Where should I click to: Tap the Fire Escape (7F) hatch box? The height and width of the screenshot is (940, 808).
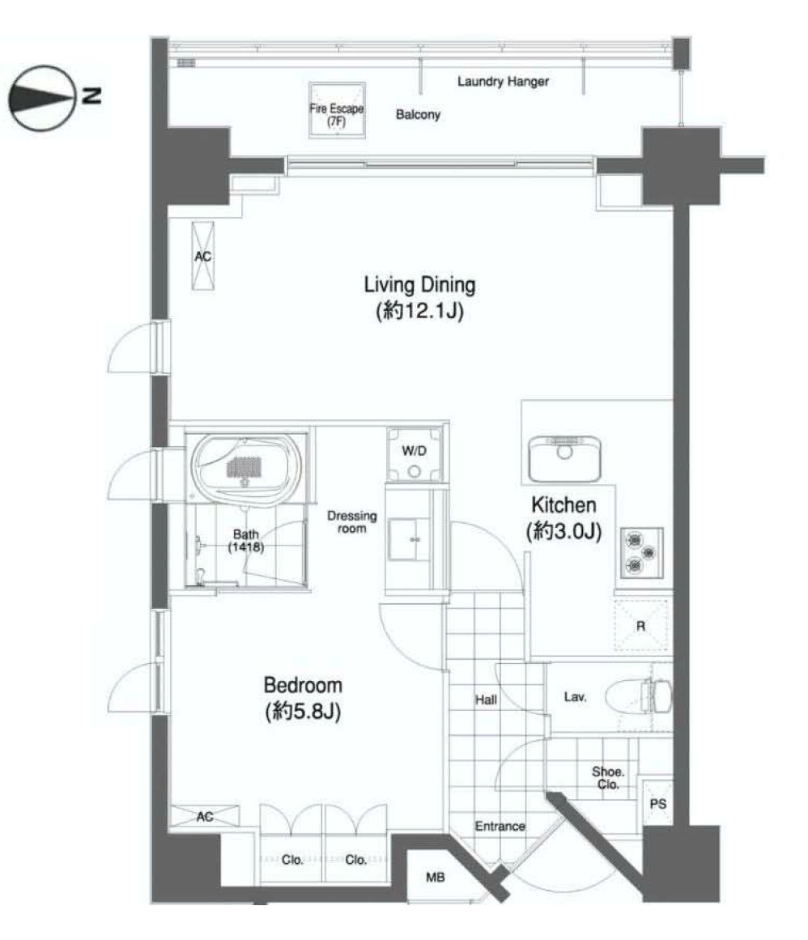(x=337, y=110)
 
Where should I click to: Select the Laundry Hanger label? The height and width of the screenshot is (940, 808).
(x=503, y=81)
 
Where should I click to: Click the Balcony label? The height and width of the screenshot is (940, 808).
(x=418, y=114)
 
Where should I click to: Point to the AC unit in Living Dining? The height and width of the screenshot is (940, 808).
(x=202, y=256)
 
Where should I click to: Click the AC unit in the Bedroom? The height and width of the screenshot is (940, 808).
(x=204, y=816)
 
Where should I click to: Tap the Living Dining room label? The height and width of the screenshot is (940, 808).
(x=419, y=297)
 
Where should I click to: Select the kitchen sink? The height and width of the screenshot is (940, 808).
(x=564, y=459)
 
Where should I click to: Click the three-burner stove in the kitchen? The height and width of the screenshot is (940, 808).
(x=641, y=553)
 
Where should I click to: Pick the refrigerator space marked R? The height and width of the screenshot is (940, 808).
(x=640, y=625)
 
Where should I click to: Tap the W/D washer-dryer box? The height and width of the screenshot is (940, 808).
(x=414, y=455)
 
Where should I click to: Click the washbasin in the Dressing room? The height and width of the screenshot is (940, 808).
(x=409, y=539)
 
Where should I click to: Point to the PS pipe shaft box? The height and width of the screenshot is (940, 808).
(x=657, y=804)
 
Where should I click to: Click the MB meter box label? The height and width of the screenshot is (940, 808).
(x=435, y=877)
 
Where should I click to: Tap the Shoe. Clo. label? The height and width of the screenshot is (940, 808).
(x=608, y=777)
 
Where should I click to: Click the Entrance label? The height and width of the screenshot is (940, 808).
(x=500, y=826)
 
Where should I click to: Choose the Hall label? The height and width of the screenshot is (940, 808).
(x=486, y=699)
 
